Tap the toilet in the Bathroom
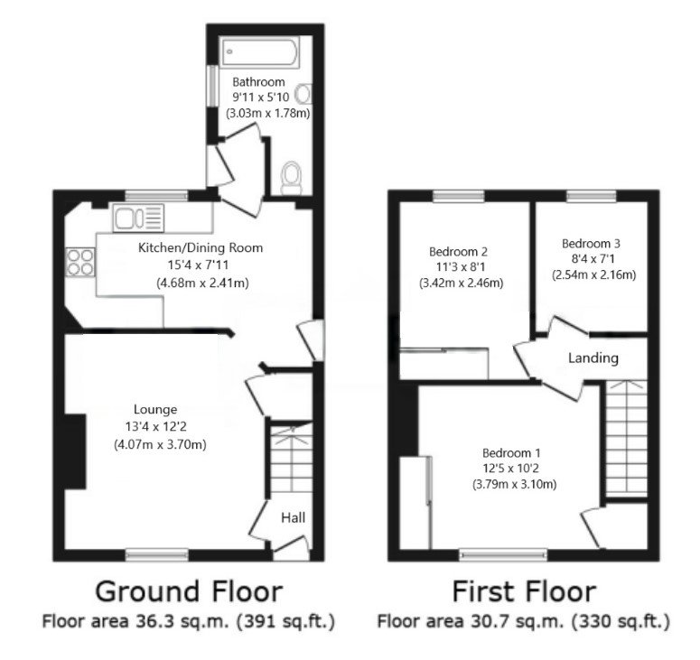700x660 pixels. pos(292,177)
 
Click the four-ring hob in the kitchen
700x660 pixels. pos(79,261)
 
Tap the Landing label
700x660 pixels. pos(593,358)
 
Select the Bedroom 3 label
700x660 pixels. pos(591,244)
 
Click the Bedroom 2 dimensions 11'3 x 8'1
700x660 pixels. pos(459,267)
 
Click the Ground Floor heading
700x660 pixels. pos(188,592)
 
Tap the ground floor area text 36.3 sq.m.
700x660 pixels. pos(188,622)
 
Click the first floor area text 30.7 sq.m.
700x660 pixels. pos(523,622)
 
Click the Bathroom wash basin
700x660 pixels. pos(305,93)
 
